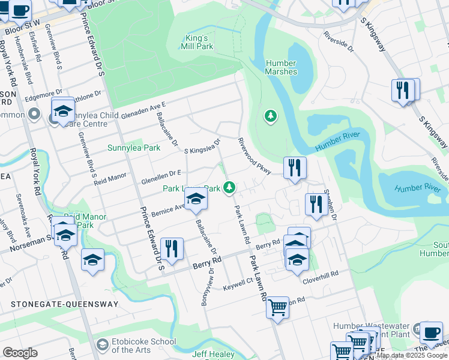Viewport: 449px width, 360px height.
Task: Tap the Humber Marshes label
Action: (281, 67)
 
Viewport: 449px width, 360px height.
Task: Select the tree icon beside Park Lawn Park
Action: (228, 188)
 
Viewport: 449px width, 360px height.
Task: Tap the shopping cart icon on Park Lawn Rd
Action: (277, 308)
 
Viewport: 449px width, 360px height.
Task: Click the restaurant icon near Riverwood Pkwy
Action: (294, 168)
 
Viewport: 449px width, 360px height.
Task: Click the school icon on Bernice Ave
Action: (196, 199)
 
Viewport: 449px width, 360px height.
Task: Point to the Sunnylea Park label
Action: (130, 148)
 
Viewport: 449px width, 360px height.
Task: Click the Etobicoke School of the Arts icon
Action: (102, 345)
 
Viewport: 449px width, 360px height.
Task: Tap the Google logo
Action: (20, 353)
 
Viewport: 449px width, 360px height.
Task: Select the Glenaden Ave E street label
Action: (143, 110)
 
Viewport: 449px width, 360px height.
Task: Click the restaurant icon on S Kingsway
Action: (403, 91)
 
